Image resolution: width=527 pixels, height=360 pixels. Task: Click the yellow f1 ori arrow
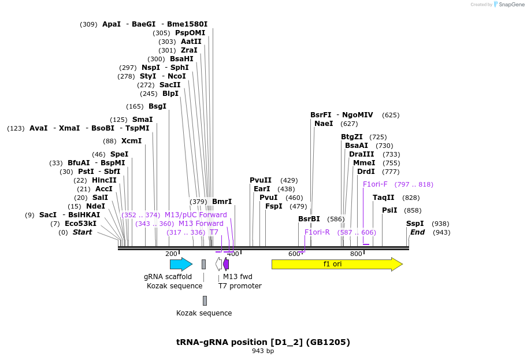(x=336, y=264)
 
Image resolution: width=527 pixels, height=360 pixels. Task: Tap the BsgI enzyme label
(x=157, y=106)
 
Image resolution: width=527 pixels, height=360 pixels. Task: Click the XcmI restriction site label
(x=131, y=141)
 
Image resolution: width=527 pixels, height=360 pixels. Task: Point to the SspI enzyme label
(x=414, y=224)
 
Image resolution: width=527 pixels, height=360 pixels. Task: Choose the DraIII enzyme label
(x=361, y=154)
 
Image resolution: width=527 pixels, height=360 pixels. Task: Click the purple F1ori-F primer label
(x=375, y=184)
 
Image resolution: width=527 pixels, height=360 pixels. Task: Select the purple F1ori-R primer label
(x=317, y=232)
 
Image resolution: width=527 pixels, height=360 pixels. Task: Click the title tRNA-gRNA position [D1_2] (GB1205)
(x=263, y=342)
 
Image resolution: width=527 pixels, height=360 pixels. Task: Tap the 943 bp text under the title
(x=263, y=351)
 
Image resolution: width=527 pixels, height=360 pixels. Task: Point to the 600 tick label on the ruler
(x=294, y=254)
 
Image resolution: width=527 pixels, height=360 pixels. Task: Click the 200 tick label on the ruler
(x=171, y=254)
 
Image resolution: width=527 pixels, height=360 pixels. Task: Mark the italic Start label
(x=82, y=232)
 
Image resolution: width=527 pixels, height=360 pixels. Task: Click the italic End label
(x=417, y=232)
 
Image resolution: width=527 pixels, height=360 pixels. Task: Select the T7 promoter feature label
(x=240, y=286)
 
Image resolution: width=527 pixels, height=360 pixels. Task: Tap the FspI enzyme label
(x=273, y=206)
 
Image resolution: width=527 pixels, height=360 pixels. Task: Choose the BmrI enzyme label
(x=222, y=202)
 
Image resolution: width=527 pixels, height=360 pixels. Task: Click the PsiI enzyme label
(x=389, y=210)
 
